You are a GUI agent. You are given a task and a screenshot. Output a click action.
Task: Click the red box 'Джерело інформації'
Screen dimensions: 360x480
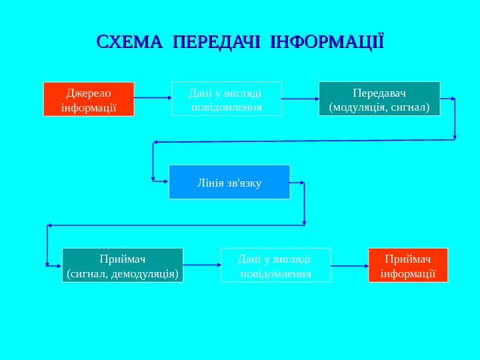click(x=89, y=99)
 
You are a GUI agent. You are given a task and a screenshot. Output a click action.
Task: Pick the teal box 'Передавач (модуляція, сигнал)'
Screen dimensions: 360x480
click(x=379, y=99)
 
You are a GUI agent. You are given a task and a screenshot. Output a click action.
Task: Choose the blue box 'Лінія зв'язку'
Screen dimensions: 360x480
click(x=229, y=182)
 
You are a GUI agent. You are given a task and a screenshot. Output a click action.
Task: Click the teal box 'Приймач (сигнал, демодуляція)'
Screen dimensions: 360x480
click(x=123, y=265)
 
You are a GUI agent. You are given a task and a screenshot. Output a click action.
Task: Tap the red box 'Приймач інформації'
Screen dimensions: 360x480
click(x=408, y=265)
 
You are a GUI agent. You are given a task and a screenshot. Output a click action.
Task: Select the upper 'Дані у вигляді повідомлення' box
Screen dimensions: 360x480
click(x=227, y=99)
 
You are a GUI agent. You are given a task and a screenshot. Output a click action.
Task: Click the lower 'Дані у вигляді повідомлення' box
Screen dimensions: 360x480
click(x=275, y=265)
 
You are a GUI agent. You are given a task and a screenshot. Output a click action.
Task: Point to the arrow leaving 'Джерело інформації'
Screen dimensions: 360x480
click(x=153, y=97)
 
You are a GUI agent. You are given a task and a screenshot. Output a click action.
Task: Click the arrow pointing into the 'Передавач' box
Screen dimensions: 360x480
click(x=300, y=99)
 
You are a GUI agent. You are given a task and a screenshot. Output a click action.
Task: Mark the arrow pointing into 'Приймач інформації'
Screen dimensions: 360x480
click(x=349, y=265)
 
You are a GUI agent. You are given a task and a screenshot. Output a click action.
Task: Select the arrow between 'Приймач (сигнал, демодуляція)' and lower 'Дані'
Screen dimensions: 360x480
click(x=202, y=265)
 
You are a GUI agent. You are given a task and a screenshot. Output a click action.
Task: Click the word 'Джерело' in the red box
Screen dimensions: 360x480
click(x=89, y=93)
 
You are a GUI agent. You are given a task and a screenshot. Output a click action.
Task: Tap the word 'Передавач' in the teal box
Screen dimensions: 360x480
click(x=379, y=92)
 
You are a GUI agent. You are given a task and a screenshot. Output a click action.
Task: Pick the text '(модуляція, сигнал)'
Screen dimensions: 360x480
click(x=379, y=106)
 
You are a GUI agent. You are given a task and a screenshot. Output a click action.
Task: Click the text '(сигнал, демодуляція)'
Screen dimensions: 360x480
click(x=123, y=273)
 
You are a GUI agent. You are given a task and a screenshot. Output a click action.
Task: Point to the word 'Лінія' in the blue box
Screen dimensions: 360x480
click(x=212, y=182)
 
